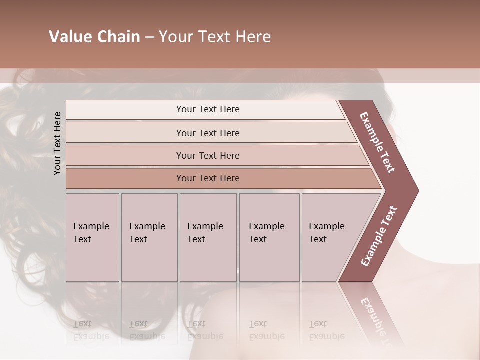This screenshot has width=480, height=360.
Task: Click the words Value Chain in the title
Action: click(x=94, y=37)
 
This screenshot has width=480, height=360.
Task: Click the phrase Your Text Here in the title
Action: click(x=215, y=37)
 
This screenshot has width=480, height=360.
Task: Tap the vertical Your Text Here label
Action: click(x=58, y=143)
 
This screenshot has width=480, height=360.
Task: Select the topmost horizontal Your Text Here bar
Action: click(x=207, y=109)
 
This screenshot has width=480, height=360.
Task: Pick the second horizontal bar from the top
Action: click(x=207, y=133)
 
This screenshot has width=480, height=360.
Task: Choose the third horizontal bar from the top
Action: click(x=207, y=155)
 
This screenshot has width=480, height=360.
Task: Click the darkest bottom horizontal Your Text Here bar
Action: click(x=207, y=178)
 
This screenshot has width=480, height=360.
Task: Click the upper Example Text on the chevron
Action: click(x=377, y=142)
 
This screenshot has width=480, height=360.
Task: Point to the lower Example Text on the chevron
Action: click(x=379, y=236)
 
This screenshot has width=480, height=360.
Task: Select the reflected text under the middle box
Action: click(x=205, y=330)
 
